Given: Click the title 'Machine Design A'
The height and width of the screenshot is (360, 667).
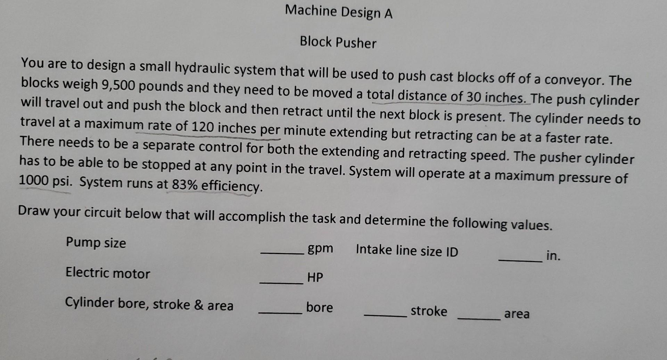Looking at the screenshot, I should [x=339, y=12].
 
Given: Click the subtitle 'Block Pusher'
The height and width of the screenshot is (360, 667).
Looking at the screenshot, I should [x=338, y=42].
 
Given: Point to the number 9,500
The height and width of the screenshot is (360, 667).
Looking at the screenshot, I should [x=118, y=85].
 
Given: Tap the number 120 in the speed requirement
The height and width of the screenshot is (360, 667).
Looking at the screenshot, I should [x=203, y=127].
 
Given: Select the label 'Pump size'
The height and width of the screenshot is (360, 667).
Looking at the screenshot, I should [x=96, y=242].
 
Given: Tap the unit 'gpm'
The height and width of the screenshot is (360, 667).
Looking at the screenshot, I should [x=320, y=248].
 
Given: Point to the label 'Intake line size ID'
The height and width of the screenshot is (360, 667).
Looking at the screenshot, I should [x=407, y=251].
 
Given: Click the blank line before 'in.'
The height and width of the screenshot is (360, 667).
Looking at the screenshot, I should [x=520, y=261].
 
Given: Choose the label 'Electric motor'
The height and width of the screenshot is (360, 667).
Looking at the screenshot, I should [x=108, y=273].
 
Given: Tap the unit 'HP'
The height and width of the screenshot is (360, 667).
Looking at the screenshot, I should [x=315, y=277].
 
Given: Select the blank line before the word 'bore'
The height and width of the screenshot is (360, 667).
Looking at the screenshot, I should [x=280, y=313].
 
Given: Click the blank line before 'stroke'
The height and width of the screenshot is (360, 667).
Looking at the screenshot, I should [x=386, y=315].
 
